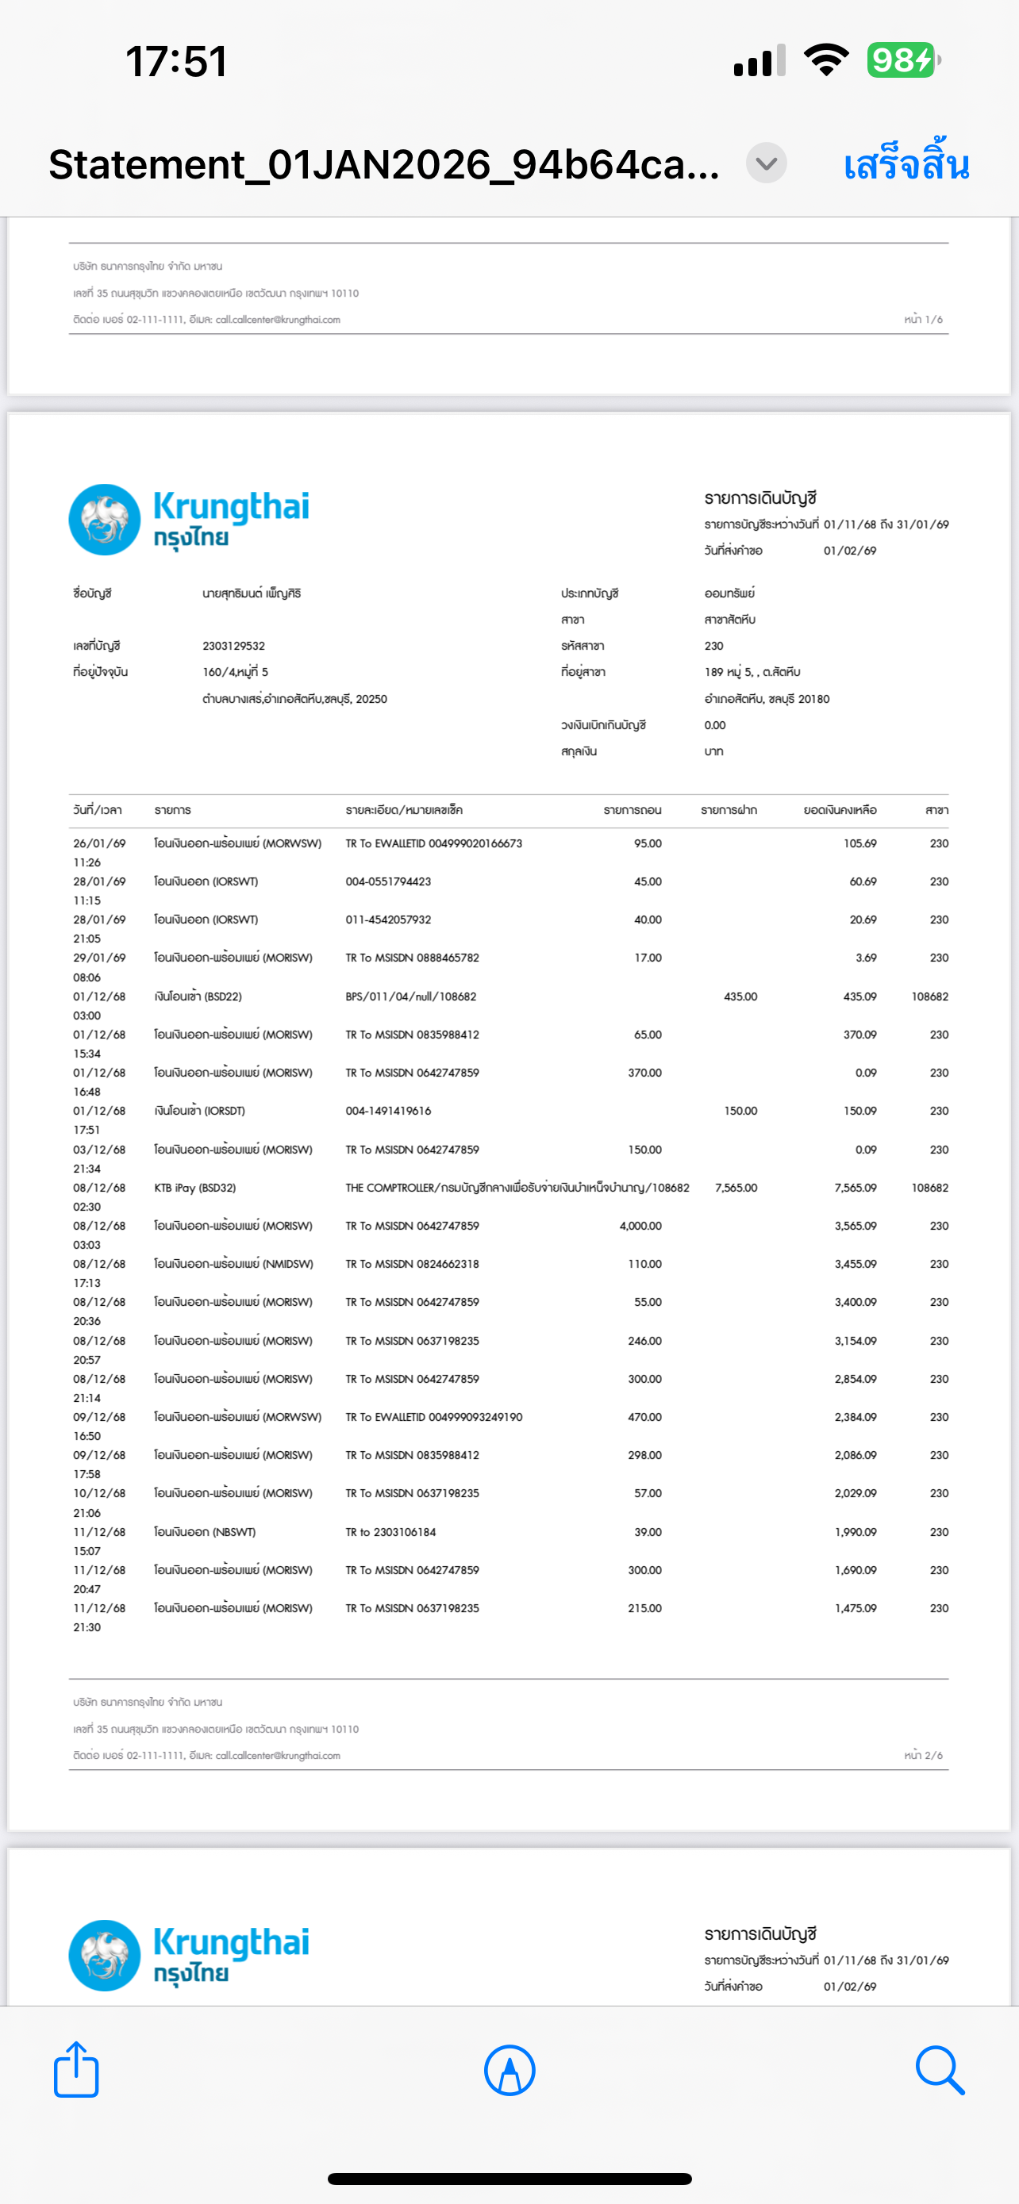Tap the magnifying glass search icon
940,2070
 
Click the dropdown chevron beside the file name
766,163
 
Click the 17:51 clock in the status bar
177,62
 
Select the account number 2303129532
233,646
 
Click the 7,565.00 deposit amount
736,1188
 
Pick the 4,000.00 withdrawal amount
640,1226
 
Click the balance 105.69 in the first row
859,843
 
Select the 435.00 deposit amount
740,996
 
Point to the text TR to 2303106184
390,1531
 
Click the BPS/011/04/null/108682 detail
410,996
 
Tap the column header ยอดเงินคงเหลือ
840,810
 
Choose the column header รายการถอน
633,810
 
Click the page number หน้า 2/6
923,1755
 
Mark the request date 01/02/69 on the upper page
850,551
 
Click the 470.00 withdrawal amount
644,1417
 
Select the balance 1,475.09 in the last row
856,1608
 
